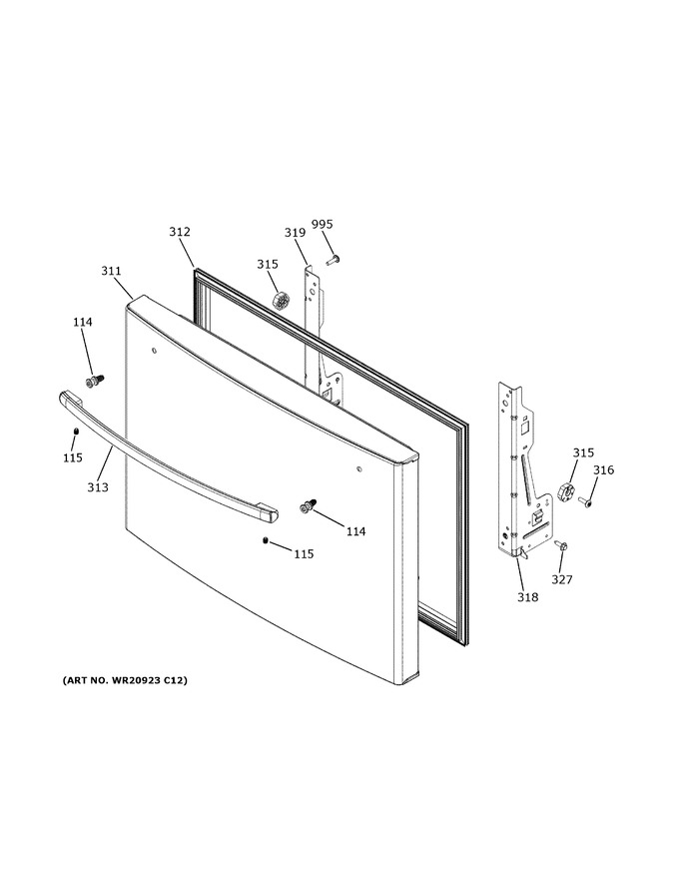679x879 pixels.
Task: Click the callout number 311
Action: pos(111,271)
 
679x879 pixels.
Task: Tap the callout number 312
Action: pos(180,232)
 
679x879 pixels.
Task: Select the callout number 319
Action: pos(295,232)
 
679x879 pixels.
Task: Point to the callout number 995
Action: pos(323,224)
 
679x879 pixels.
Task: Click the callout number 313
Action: pos(98,487)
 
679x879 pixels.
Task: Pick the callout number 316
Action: pos(603,469)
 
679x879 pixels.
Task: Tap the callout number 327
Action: pos(562,579)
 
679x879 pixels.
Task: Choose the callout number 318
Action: pos(528,597)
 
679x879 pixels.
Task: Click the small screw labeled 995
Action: pos(334,260)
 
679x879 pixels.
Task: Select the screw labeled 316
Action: pos(585,502)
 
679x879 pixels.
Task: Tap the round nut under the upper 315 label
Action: pos(279,300)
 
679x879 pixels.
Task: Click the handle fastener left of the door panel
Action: pos(94,382)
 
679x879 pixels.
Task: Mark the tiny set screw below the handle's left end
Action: pos(76,431)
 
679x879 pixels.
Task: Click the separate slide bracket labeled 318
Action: pos(522,470)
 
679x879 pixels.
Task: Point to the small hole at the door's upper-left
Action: pos(153,351)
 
